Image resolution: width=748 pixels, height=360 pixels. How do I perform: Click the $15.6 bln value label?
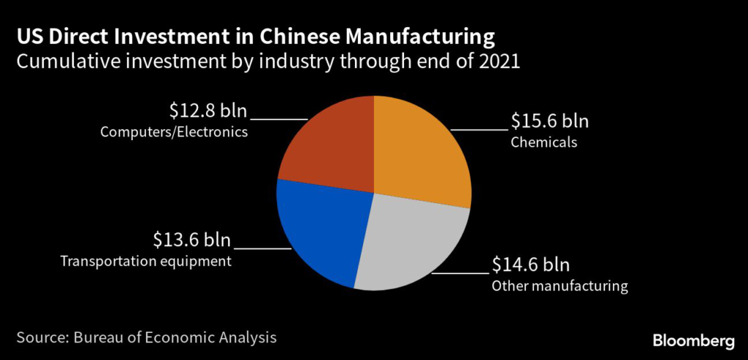click(x=549, y=120)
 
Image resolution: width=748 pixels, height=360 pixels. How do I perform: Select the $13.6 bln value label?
click(x=191, y=240)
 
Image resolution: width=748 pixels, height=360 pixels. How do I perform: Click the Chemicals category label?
click(x=544, y=142)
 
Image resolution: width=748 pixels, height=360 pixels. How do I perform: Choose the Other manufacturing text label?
click(x=560, y=286)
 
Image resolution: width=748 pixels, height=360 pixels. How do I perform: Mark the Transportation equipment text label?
click(x=146, y=261)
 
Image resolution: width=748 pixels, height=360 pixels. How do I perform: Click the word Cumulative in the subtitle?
click(x=62, y=62)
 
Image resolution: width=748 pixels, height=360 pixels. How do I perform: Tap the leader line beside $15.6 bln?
click(x=478, y=129)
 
